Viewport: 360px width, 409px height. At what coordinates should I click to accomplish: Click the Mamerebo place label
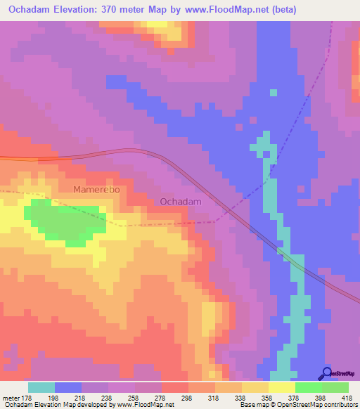click(97, 190)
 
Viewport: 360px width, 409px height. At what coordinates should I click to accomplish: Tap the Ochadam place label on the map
click(181, 202)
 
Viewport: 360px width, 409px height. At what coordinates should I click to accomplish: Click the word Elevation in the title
click(82, 9)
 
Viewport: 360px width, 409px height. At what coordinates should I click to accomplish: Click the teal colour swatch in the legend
click(41, 387)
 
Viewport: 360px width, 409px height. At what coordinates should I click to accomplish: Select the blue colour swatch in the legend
click(68, 387)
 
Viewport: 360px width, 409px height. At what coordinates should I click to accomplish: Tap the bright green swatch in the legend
click(309, 387)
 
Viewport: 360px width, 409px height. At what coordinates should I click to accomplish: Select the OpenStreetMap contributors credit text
click(320, 405)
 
